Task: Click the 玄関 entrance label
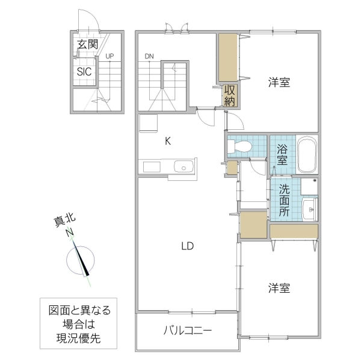pos(87,44)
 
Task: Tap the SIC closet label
pos(84,71)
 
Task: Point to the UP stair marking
pos(110,56)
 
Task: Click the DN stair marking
pos(149,56)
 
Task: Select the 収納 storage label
pos(229,96)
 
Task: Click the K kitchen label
pos(168,141)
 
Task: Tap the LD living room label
pos(187,245)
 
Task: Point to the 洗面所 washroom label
pos(283,199)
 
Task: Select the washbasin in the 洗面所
pos(309,210)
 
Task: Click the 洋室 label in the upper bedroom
pos(279,83)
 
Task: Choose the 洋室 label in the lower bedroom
pos(279,288)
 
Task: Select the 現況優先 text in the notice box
pos(75,338)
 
